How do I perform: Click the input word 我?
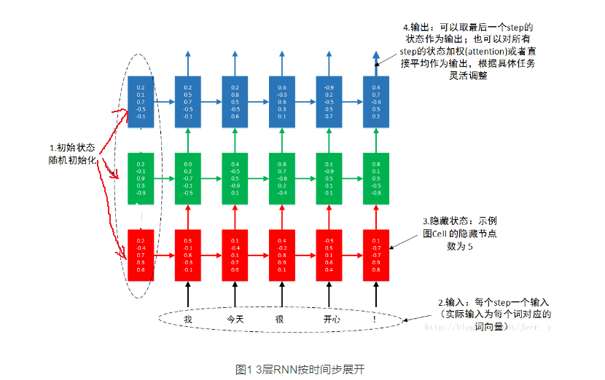point(188,319)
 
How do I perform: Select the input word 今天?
point(235,319)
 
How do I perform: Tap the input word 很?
point(281,319)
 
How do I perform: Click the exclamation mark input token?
point(375,319)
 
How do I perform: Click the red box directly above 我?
point(188,254)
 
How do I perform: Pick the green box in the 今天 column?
point(235,178)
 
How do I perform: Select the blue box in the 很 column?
point(281,101)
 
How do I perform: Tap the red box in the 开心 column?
point(329,254)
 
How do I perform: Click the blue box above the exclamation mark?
point(375,101)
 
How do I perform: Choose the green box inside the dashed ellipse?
point(141,178)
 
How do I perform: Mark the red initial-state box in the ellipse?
point(141,254)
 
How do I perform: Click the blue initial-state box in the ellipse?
point(141,101)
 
